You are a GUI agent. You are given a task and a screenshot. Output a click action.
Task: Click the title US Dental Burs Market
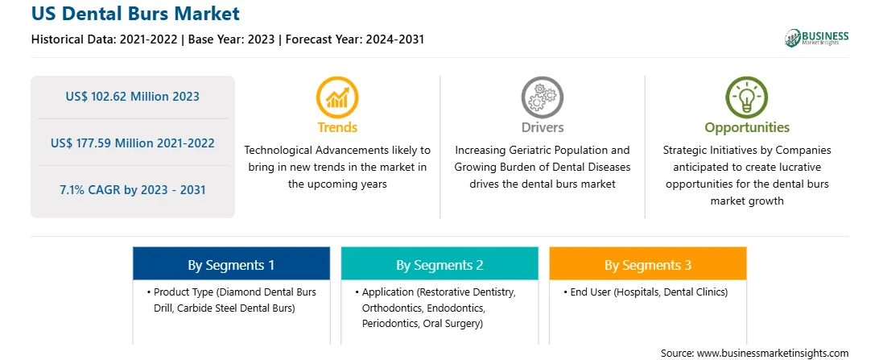coord(136,14)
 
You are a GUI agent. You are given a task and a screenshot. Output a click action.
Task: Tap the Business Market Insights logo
coord(817,38)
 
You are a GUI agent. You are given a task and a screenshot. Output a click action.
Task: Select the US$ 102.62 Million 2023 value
coord(132,96)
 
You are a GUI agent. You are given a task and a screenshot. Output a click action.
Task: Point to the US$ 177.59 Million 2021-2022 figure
coord(132,143)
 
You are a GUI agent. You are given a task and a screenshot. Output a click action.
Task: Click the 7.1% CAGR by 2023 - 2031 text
coord(132,189)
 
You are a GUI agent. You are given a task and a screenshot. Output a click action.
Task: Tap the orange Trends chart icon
coord(337,97)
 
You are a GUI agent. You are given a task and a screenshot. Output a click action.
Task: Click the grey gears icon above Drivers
coord(542,97)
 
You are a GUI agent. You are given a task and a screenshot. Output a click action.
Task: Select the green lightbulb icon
coord(747,97)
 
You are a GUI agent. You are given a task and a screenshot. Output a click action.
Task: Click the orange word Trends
coord(337,127)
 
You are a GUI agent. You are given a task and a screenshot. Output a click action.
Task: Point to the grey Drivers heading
coord(542,127)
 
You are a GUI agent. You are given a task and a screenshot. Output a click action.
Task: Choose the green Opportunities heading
coord(747,128)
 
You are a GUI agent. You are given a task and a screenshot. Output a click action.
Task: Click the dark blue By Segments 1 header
coord(232,264)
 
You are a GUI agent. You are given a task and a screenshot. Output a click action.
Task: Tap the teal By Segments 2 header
coord(439,264)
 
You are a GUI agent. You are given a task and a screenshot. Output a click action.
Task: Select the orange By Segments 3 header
coord(648,264)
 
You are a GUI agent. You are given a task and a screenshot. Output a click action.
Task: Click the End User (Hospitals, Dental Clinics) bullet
coord(646,292)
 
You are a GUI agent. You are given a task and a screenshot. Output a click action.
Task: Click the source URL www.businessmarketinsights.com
coord(772,354)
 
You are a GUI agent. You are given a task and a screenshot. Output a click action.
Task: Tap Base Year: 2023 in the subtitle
coord(231,39)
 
